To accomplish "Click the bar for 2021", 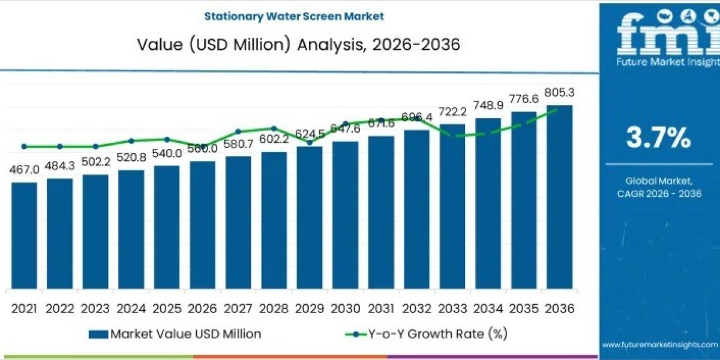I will pyautogui.click(x=24, y=235).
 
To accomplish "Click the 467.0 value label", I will pyautogui.click(x=24, y=170).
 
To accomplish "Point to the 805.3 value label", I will pyautogui.click(x=559, y=92).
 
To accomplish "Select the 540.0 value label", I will pyautogui.click(x=167, y=153).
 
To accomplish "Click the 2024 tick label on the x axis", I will pyautogui.click(x=131, y=308).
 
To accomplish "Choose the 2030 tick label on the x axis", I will pyautogui.click(x=345, y=308).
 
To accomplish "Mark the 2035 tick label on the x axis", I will pyautogui.click(x=523, y=308).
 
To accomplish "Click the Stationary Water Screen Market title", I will pyautogui.click(x=294, y=16).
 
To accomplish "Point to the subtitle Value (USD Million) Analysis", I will pyautogui.click(x=298, y=44).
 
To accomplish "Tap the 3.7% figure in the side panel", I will pyautogui.click(x=658, y=138).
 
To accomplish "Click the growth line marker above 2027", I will pyautogui.click(x=238, y=131).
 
